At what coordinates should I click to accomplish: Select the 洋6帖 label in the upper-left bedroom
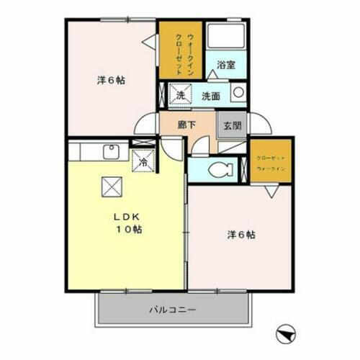[112, 80]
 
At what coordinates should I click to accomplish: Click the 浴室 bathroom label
[226, 65]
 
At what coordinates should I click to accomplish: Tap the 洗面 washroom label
[210, 95]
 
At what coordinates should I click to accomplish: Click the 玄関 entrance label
[233, 124]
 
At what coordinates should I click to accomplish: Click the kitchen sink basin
[111, 152]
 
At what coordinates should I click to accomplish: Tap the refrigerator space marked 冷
[143, 161]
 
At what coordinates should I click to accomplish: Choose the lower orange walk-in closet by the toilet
[271, 159]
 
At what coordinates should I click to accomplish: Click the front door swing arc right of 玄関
[260, 124]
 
